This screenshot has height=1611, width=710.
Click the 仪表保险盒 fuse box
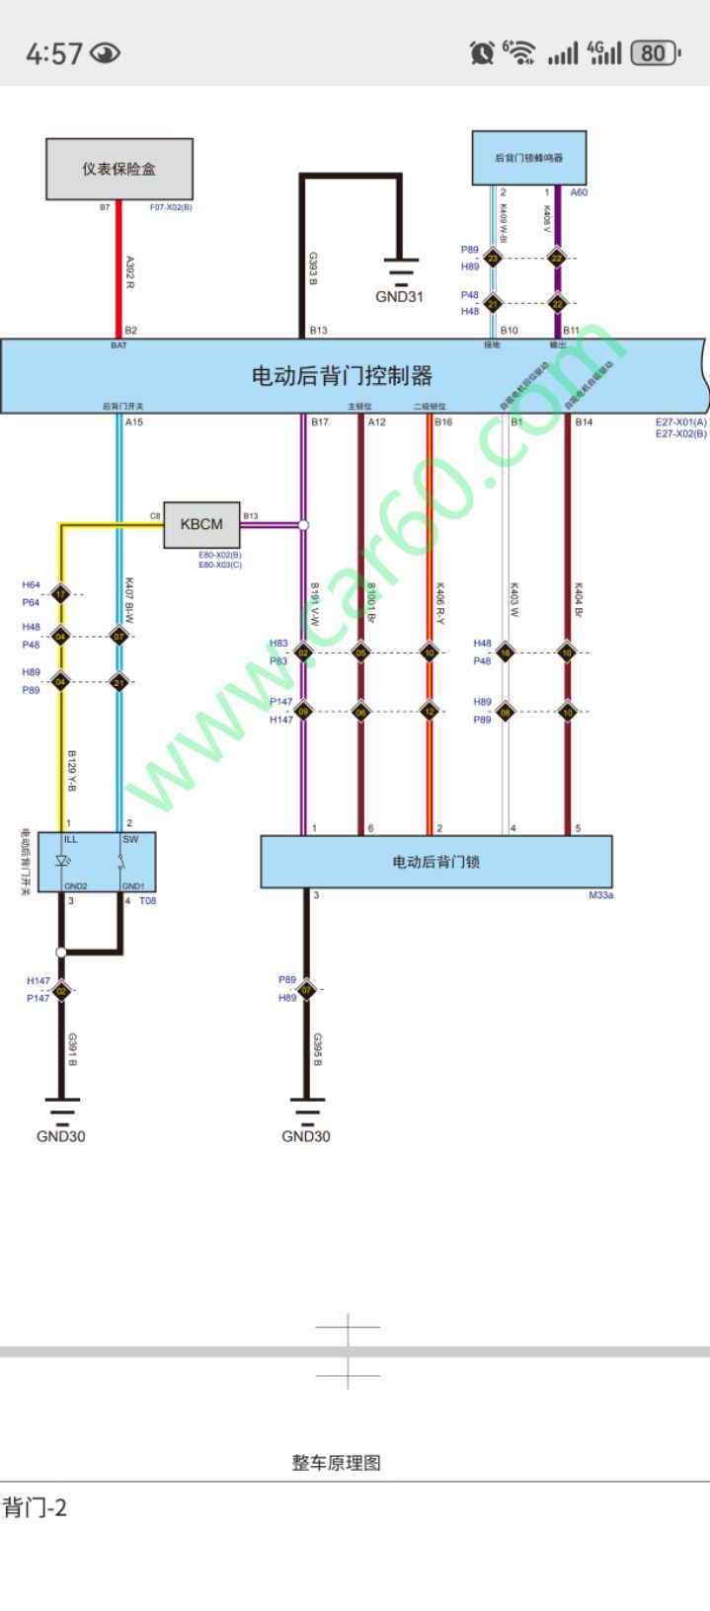pyautogui.click(x=118, y=169)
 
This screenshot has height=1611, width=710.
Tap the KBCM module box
pyautogui.click(x=201, y=524)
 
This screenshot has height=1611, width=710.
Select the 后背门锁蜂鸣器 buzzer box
pyautogui.click(x=528, y=158)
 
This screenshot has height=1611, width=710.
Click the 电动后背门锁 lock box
pyautogui.click(x=435, y=862)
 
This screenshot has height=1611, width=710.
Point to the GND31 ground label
pyautogui.click(x=399, y=296)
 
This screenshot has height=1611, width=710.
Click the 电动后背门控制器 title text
pyautogui.click(x=342, y=375)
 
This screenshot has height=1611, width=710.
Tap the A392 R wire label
pyautogui.click(x=129, y=272)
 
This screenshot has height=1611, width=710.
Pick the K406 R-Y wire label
pyautogui.click(x=440, y=603)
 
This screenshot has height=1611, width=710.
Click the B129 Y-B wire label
pyautogui.click(x=72, y=771)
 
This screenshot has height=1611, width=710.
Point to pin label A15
pyautogui.click(x=134, y=422)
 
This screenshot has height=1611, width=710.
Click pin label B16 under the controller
pyautogui.click(x=443, y=422)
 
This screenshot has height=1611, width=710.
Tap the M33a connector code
pyautogui.click(x=600, y=895)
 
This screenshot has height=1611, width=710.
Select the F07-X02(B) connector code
pyautogui.click(x=171, y=207)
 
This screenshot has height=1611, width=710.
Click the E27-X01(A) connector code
pyautogui.click(x=681, y=422)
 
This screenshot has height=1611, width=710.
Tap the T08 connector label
pyautogui.click(x=147, y=900)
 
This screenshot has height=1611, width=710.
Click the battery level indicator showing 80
pyautogui.click(x=654, y=52)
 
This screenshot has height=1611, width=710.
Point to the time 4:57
pyautogui.click(x=53, y=53)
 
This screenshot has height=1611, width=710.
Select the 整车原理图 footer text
pyautogui.click(x=336, y=1463)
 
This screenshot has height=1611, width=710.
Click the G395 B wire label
pyautogui.click(x=317, y=1049)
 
